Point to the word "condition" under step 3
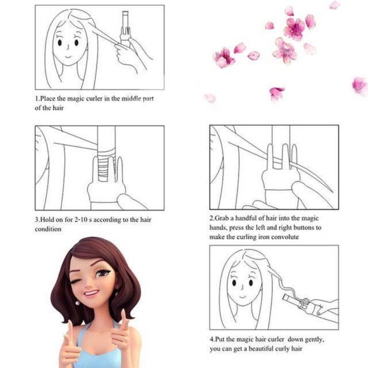48,229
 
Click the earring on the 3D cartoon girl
77,303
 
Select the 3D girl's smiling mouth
91,293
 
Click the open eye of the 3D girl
102,273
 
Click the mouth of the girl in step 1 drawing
68,57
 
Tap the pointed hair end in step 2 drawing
333,192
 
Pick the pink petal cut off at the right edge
360,86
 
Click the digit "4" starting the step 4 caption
212,339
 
